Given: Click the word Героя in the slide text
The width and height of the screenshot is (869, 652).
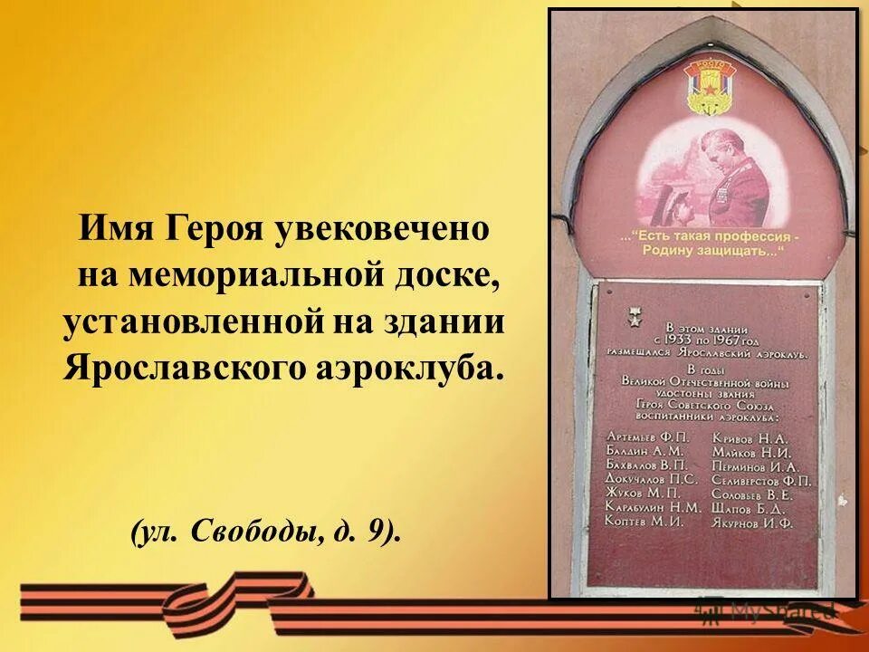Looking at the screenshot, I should coord(206,227).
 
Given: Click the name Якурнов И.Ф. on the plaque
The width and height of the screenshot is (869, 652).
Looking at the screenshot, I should coord(752,523).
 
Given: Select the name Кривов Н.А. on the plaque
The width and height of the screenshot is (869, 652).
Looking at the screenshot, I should coord(750,436).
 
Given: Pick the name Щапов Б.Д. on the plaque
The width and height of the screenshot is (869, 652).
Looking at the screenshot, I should coord(749,508).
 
